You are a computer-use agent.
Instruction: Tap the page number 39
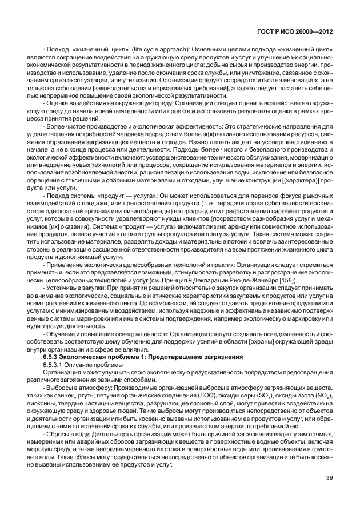pyautogui.click(x=328, y=493)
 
